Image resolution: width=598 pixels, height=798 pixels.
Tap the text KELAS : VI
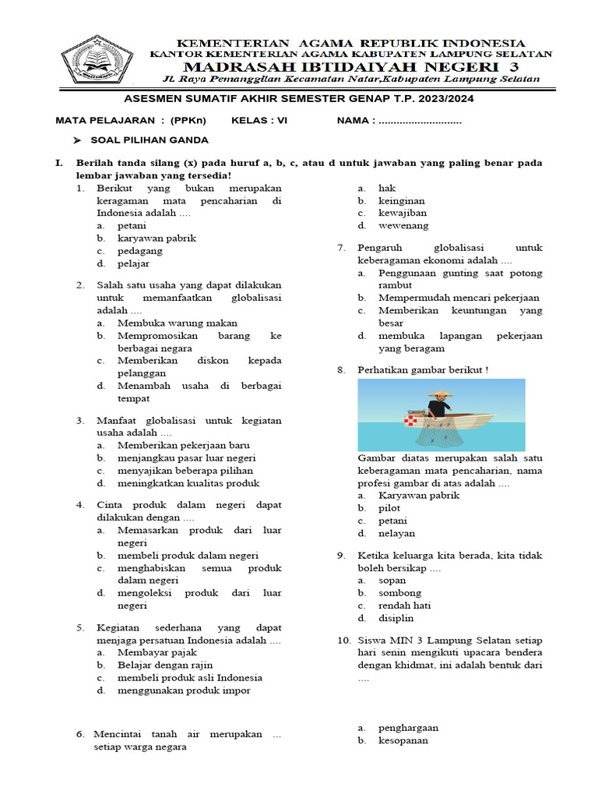(262, 121)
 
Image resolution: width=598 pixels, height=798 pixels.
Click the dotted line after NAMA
(420, 122)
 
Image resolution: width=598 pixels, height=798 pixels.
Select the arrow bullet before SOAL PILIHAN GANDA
(77, 140)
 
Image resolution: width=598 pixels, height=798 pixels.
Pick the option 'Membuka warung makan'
(178, 323)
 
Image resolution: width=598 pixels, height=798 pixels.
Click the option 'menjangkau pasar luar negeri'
(186, 457)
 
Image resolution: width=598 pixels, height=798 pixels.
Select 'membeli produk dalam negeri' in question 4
(188, 555)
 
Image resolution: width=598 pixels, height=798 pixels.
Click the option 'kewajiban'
(402, 213)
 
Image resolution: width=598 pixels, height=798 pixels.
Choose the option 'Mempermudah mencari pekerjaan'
(458, 298)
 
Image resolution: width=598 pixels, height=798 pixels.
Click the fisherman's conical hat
(440, 393)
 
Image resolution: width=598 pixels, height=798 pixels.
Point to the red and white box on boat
(410, 421)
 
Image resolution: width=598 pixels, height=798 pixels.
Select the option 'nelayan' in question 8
(396, 533)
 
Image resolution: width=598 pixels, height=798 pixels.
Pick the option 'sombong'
(399, 593)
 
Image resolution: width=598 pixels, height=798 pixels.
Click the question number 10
(344, 641)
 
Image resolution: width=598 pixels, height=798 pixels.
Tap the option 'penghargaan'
(408, 727)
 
